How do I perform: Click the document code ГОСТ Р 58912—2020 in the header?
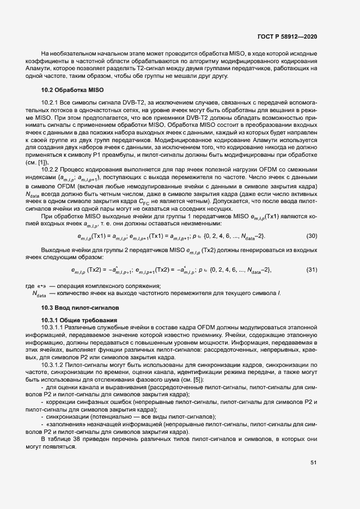(286, 36)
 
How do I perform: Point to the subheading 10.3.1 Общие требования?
(77, 319)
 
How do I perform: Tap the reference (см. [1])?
(36, 162)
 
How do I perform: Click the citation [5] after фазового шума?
(198, 379)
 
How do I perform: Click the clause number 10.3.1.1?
(56, 326)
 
